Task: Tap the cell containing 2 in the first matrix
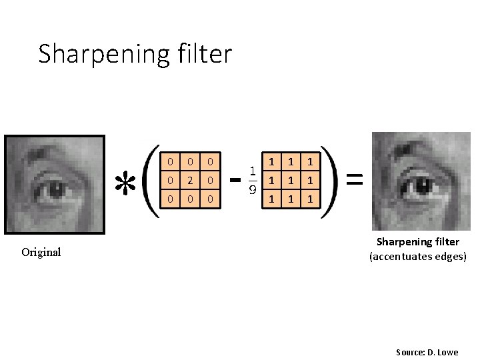pos(191,180)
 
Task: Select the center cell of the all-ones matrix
pos(290,180)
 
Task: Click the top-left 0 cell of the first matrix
pos(171,161)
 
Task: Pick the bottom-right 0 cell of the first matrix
pos(210,199)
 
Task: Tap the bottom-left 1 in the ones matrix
pos(271,199)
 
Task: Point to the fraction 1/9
pos(254,180)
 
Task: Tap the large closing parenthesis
pos(331,180)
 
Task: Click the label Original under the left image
pos(41,252)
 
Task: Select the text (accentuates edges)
pos(418,256)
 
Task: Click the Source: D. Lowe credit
pos(427,352)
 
